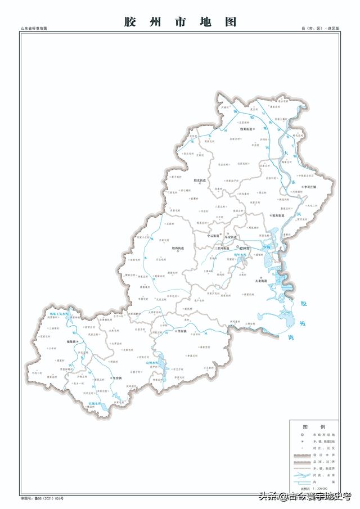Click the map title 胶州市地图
[x=180, y=22]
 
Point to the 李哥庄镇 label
[x=309, y=187]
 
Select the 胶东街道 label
[x=277, y=215]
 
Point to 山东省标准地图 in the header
[x=34, y=28]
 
